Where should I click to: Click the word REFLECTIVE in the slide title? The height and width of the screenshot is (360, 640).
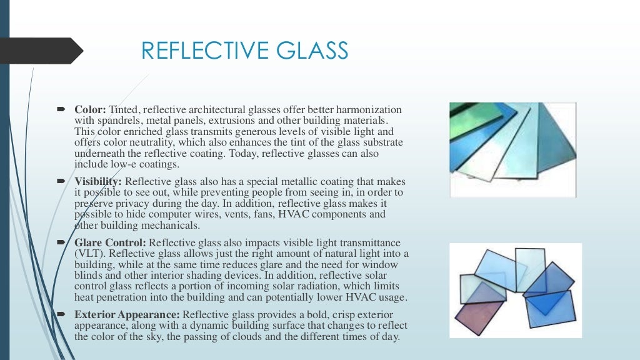coord(200,51)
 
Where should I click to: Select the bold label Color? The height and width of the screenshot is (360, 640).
coord(91,110)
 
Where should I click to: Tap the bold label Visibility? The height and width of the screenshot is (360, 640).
coord(97,181)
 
